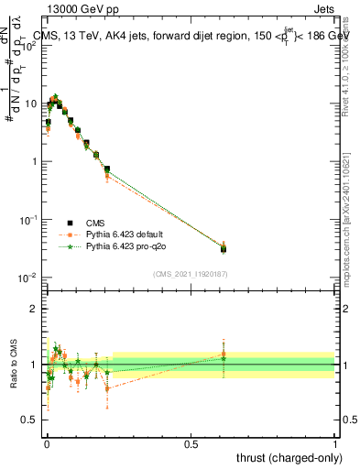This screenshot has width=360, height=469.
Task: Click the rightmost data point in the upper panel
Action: click(x=223, y=248)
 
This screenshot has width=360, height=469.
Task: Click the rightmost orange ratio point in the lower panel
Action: click(x=223, y=354)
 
